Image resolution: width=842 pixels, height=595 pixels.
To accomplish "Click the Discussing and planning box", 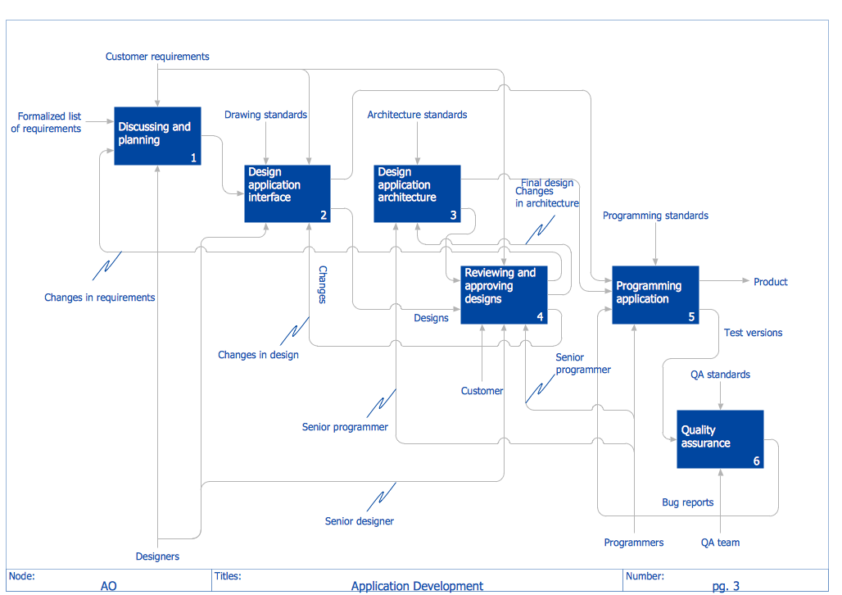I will click(x=156, y=136).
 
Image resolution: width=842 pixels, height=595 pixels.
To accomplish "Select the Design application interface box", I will click(x=287, y=193).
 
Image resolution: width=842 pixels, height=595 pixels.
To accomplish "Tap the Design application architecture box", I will click(x=417, y=193).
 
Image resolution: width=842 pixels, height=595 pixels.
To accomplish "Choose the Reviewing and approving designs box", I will click(x=503, y=294).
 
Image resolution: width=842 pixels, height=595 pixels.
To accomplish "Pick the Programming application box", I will click(x=655, y=294).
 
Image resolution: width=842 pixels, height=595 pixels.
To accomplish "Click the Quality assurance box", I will click(x=720, y=438).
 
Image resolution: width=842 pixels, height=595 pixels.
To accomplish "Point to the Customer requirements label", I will click(x=157, y=57).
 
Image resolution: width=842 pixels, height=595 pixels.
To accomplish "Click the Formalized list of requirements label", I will click(x=48, y=122).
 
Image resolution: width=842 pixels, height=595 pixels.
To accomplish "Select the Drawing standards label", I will click(x=265, y=115).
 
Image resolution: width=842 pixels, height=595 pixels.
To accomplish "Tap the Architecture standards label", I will click(x=417, y=115).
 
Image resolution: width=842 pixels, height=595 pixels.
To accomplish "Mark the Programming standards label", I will click(x=655, y=216).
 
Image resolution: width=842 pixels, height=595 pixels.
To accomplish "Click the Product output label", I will click(x=770, y=282).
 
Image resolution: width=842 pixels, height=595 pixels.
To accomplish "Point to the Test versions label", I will click(x=753, y=333).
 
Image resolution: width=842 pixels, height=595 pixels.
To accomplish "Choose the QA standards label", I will click(x=720, y=375).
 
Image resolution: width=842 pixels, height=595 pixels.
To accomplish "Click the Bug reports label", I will click(x=687, y=502).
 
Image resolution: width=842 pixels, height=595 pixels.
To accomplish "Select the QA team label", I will click(x=720, y=543).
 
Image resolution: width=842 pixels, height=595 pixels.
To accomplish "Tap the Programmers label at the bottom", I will click(x=634, y=543).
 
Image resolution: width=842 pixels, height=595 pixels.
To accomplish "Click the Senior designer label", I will click(x=359, y=521).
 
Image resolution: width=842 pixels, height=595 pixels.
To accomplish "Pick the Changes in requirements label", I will click(x=99, y=297).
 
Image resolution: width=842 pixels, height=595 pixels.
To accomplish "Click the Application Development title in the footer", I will click(x=417, y=586).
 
